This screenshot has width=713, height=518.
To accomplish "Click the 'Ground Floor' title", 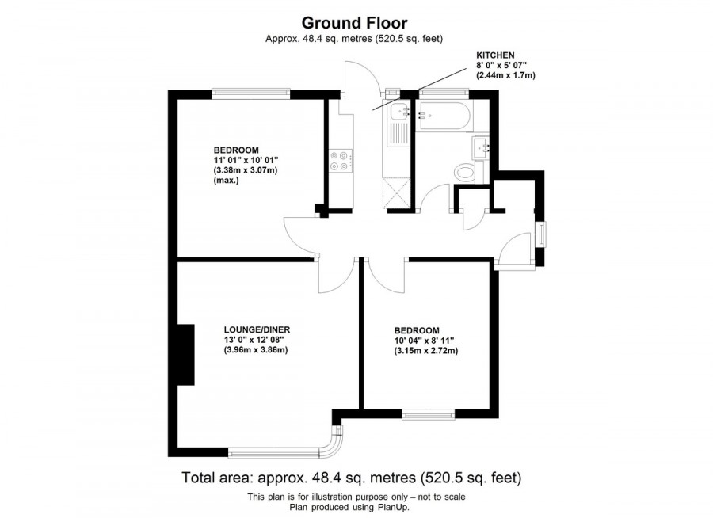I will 356,23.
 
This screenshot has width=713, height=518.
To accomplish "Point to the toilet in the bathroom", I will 464,172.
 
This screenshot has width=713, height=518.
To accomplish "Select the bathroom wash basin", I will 482,147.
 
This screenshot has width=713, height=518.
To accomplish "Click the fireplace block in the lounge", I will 185,355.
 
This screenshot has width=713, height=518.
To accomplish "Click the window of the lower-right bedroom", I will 428,413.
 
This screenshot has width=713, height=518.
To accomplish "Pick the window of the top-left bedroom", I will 250,93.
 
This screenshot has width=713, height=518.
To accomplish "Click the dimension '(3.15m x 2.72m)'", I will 426,351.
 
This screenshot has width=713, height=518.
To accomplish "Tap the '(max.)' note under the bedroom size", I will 226,181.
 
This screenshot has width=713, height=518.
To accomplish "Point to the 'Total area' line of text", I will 352,478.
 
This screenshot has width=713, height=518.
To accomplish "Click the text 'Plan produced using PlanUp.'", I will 356,506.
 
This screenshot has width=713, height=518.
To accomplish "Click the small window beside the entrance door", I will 541,235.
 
